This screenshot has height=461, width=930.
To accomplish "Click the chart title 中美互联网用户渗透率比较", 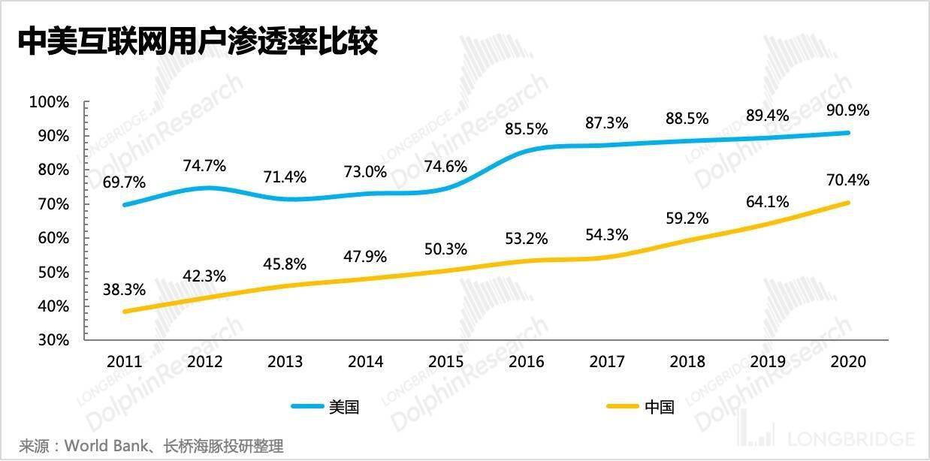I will click(198, 42).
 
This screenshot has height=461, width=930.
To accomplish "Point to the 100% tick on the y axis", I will click(49, 101).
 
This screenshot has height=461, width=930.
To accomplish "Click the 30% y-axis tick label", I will click(53, 340).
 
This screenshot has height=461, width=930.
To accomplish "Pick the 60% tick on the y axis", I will click(53, 238).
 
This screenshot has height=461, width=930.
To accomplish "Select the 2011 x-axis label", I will click(125, 362).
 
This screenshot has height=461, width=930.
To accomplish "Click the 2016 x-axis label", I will click(527, 362).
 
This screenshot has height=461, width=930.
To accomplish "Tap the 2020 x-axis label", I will click(849, 362).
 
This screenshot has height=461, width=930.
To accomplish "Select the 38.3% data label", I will click(125, 289).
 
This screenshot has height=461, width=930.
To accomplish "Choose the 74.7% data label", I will click(205, 166).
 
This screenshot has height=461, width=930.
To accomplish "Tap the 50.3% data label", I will click(446, 249).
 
